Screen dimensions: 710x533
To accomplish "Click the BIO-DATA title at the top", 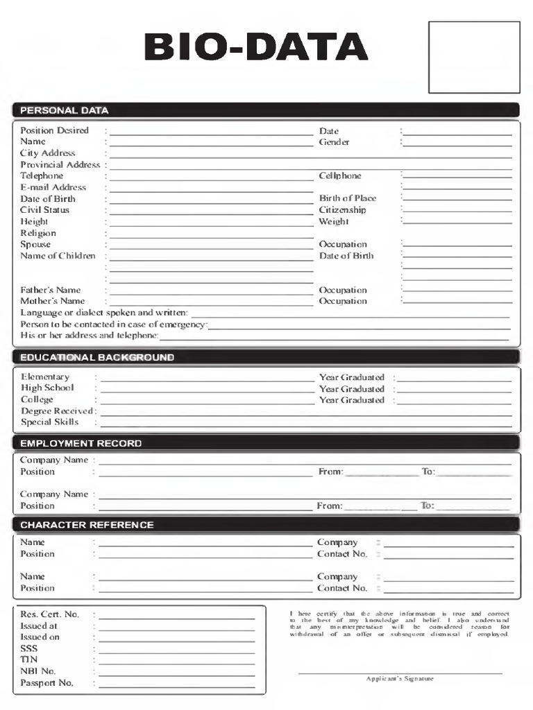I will (x=255, y=47).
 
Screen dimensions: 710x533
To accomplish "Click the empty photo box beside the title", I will (x=474, y=57).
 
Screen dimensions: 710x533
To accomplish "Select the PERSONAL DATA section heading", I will (x=64, y=110).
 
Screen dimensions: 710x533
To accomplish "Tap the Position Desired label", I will (x=54, y=130).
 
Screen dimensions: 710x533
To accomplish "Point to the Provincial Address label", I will (x=60, y=165).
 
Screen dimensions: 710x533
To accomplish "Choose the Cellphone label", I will (x=340, y=176).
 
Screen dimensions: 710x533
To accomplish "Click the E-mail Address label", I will (x=53, y=187).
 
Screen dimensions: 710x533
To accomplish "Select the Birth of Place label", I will (x=348, y=198).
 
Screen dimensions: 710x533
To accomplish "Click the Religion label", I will (x=38, y=233).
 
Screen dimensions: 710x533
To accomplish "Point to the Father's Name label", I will (x=50, y=290).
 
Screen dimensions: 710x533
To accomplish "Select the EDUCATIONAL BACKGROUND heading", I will (x=96, y=358).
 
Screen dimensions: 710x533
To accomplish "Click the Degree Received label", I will (x=57, y=411).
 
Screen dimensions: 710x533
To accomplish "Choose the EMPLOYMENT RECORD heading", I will (x=81, y=443).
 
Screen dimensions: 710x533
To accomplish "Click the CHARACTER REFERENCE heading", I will (x=87, y=525).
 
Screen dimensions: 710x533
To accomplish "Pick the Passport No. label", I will (x=46, y=683).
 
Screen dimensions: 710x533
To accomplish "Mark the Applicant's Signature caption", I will (x=400, y=679).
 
